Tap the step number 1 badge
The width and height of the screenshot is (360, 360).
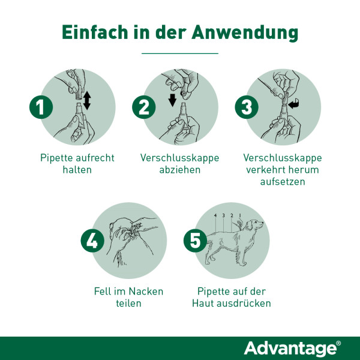click(x=40, y=107)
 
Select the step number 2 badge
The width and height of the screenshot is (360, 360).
click(x=143, y=107)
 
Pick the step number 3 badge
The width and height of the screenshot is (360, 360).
click(x=246, y=107)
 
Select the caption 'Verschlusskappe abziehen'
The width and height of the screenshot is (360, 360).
click(x=179, y=164)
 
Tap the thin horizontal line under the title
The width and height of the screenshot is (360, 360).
click(x=179, y=54)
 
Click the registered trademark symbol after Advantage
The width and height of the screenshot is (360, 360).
click(x=338, y=343)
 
